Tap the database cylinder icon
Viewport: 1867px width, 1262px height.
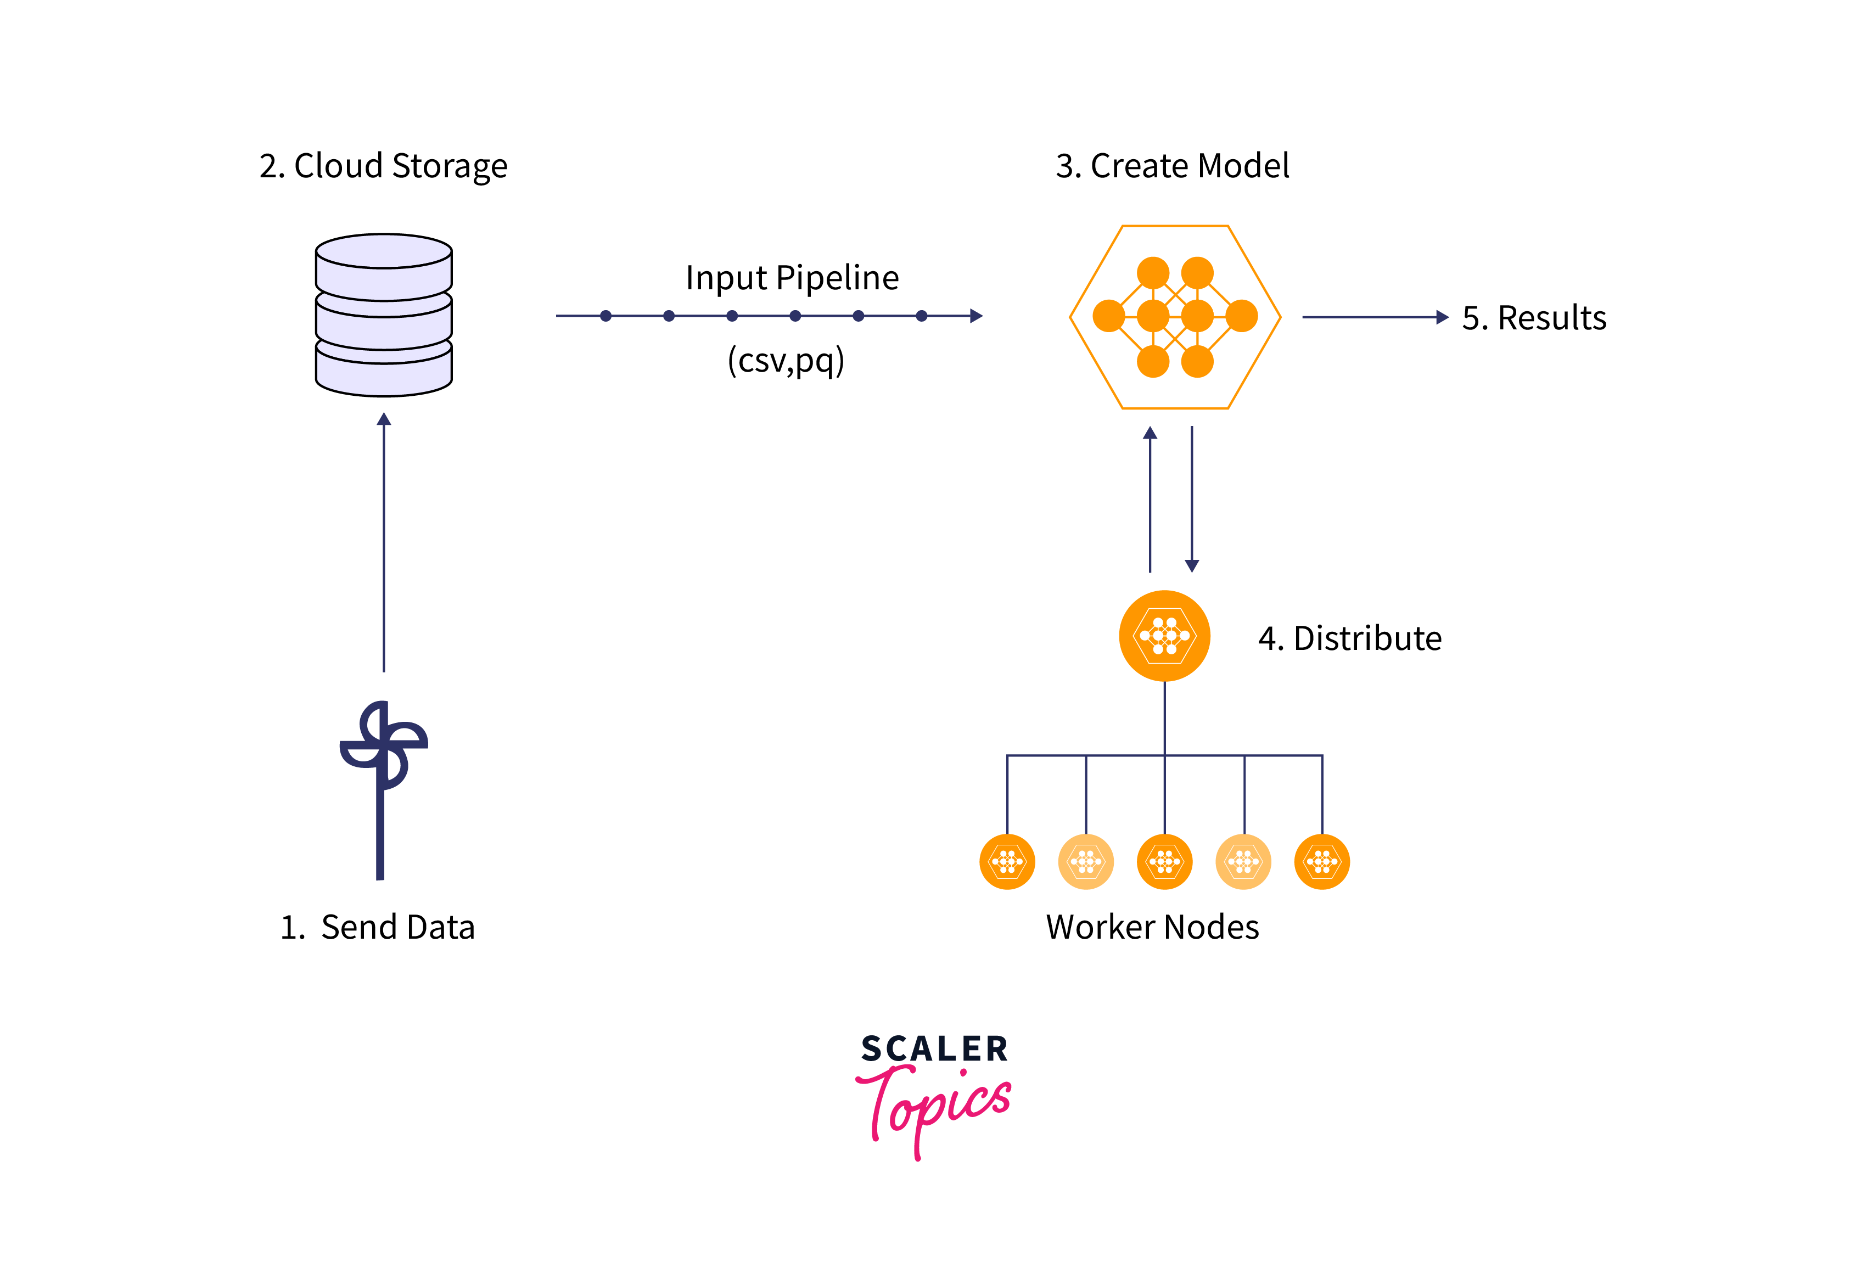[384, 315]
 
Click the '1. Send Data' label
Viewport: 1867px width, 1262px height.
[378, 927]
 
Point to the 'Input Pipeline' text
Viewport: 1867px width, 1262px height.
[792, 278]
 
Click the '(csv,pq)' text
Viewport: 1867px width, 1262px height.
[786, 360]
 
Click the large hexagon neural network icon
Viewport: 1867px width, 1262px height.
[1175, 317]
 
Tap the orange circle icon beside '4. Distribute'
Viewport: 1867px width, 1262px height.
[1164, 636]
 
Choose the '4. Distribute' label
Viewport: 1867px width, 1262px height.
[1350, 638]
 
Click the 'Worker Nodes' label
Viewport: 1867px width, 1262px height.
[1152, 927]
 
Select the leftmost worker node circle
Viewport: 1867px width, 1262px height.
[1007, 862]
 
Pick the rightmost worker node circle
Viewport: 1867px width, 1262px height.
[1321, 862]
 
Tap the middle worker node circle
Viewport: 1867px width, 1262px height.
[1164, 862]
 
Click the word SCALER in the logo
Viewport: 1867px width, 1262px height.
[934, 1049]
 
